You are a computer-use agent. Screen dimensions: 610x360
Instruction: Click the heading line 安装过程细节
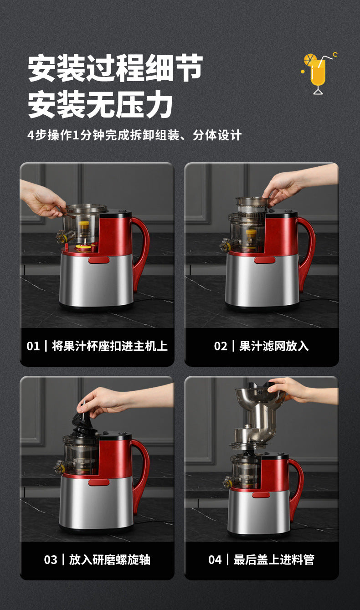[x=115, y=68]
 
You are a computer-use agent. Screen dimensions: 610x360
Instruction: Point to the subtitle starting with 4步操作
[x=134, y=135]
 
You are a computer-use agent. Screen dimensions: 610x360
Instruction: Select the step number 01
[x=33, y=346]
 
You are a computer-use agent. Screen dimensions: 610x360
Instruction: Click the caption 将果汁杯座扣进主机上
[x=109, y=346]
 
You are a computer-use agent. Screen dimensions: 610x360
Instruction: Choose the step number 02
[x=221, y=346]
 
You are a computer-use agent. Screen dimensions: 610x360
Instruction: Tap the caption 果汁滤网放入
[x=274, y=346]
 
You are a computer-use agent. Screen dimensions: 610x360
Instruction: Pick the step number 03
[x=51, y=560]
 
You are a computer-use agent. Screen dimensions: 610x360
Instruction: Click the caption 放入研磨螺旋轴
[x=109, y=560]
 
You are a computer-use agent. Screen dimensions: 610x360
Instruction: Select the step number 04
[x=215, y=560]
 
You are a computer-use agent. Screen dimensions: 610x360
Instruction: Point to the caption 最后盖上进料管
[x=273, y=560]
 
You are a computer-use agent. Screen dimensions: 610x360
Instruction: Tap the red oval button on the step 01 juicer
[x=98, y=260]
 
